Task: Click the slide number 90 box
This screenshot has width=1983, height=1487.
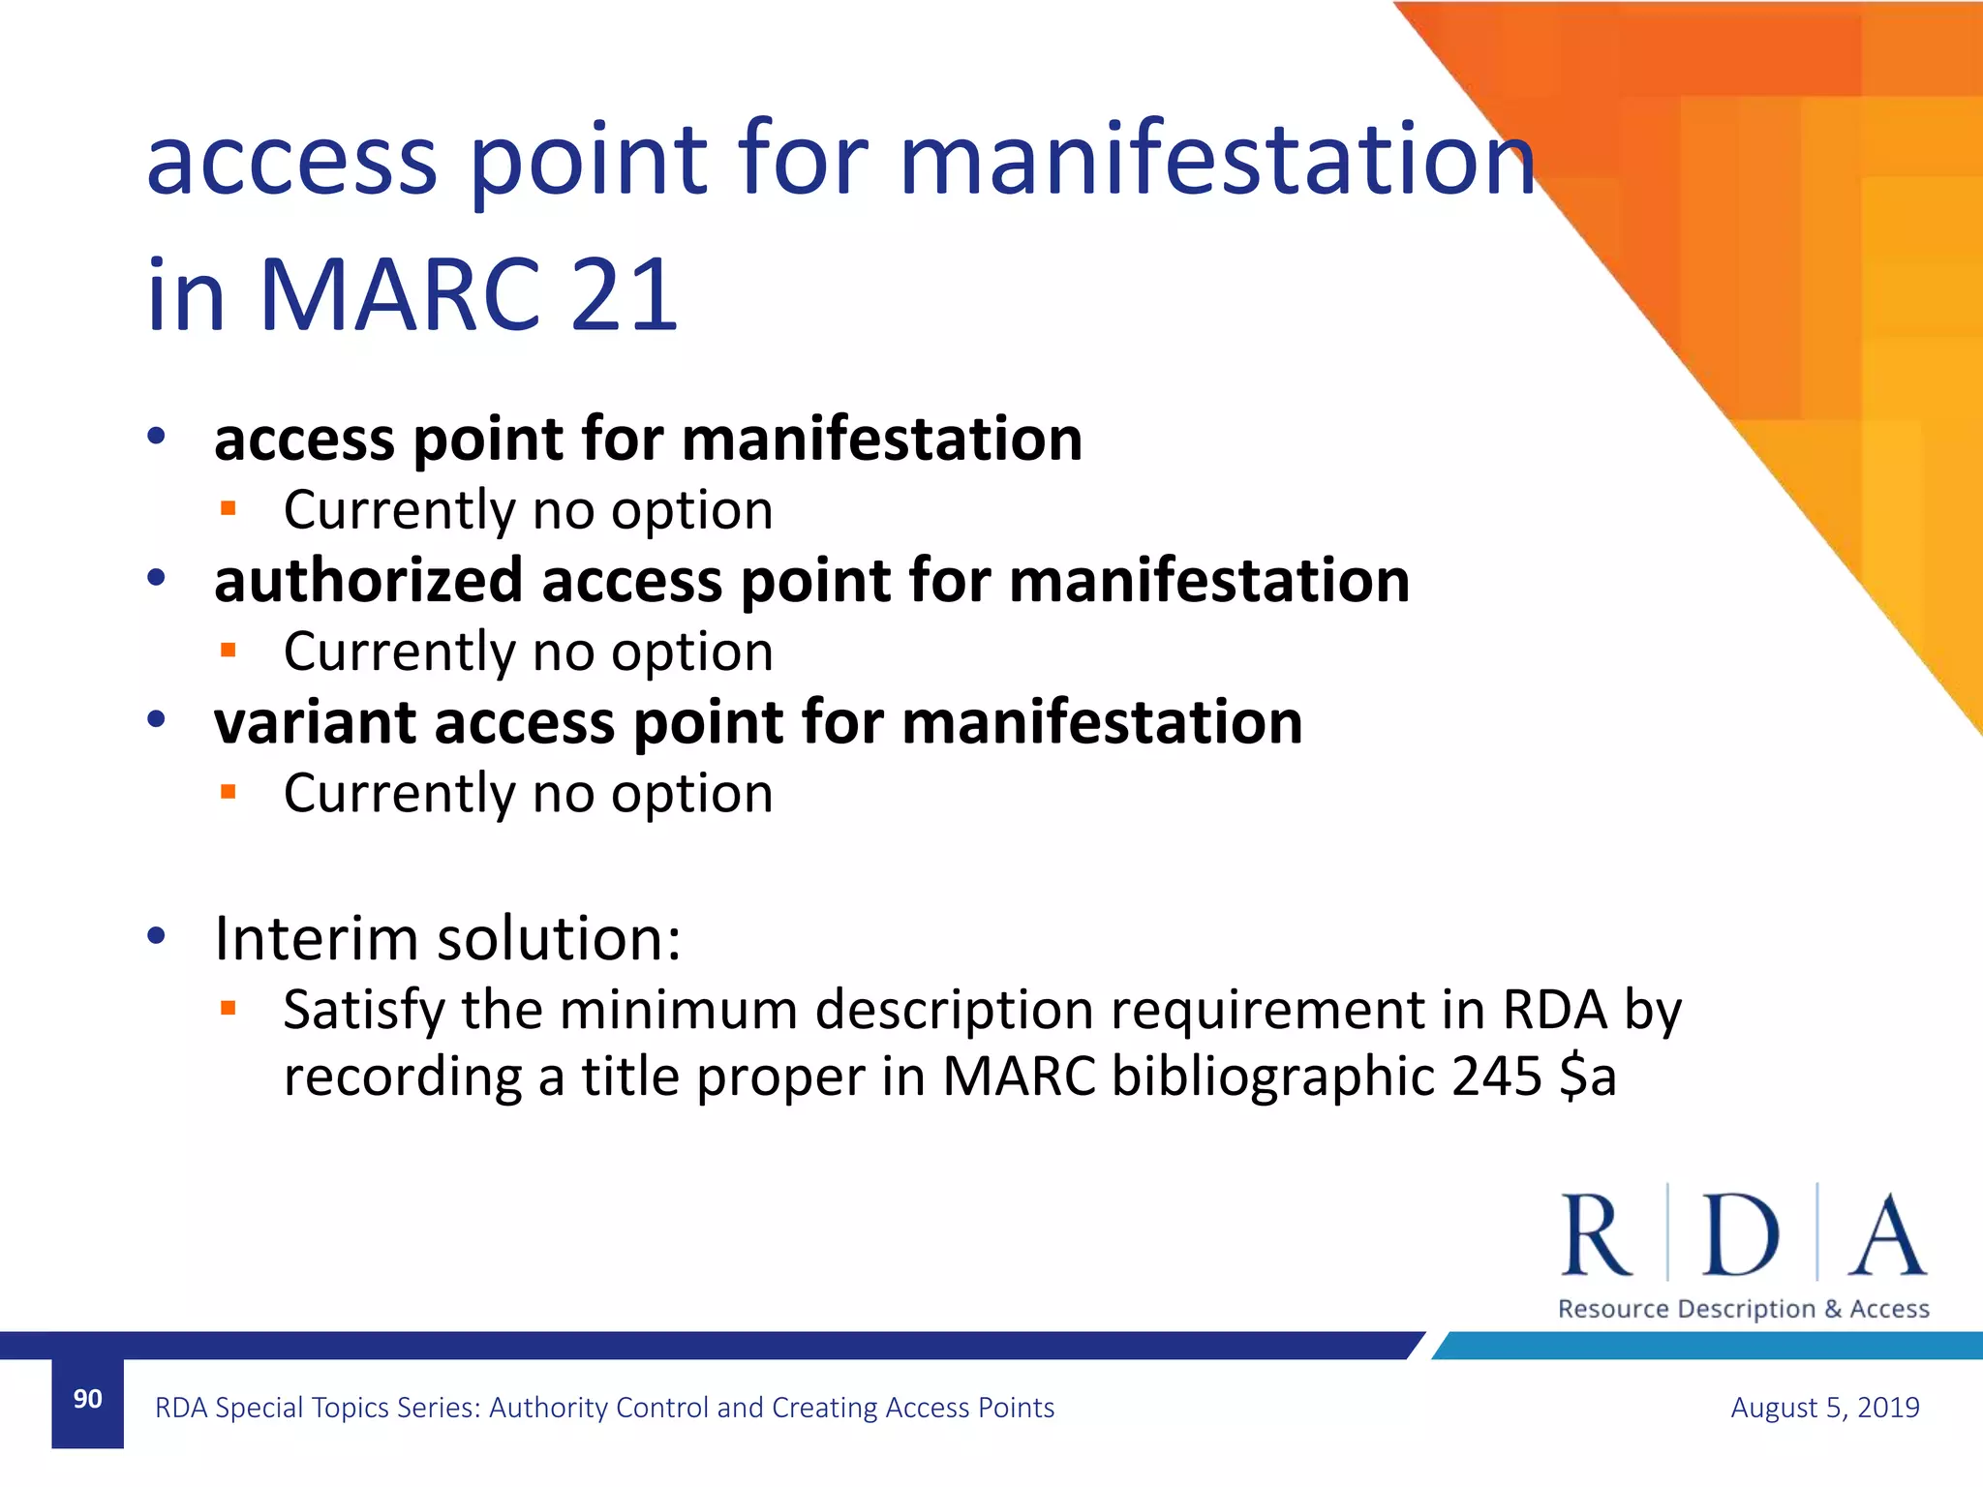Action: [87, 1401]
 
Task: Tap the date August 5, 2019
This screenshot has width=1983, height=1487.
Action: [1824, 1408]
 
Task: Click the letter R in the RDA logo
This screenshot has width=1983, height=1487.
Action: [1596, 1235]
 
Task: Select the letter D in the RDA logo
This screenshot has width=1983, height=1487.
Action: [1740, 1235]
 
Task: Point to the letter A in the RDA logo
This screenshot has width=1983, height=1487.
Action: [1886, 1235]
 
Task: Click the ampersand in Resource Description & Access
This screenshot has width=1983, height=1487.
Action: [1833, 1309]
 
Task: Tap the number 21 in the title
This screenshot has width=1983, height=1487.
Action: [625, 295]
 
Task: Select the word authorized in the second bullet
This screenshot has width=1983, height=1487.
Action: [369, 581]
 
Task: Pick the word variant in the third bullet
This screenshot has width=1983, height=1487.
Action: [315, 722]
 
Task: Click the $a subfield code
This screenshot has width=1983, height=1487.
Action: [1588, 1077]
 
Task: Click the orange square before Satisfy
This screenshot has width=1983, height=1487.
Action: [229, 1009]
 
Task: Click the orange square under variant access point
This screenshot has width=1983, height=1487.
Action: [229, 792]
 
